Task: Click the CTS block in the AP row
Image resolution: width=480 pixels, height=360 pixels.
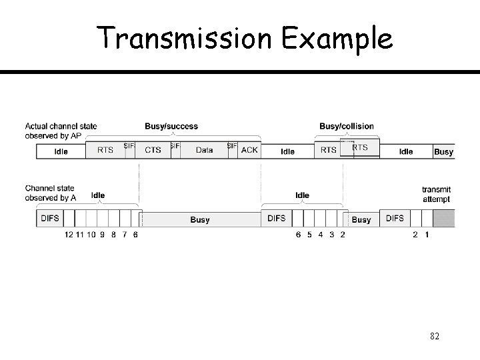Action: click(x=153, y=151)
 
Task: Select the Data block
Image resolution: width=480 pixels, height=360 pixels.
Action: click(x=204, y=151)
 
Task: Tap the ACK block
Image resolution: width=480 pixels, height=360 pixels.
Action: click(x=249, y=151)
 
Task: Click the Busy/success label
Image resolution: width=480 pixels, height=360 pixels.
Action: click(x=171, y=127)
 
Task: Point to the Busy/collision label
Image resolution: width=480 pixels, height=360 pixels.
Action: click(x=347, y=127)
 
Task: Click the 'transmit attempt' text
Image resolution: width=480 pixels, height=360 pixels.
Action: click(x=436, y=194)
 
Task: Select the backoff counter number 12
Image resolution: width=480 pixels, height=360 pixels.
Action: click(x=69, y=235)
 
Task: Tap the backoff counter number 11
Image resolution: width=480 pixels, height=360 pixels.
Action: click(x=80, y=235)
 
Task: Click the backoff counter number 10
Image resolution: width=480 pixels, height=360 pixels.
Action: click(x=91, y=235)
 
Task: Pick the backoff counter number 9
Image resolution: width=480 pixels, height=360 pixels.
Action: click(x=102, y=235)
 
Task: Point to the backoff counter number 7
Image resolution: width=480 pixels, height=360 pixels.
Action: click(x=125, y=235)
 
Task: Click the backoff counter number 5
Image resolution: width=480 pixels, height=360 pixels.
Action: click(x=309, y=235)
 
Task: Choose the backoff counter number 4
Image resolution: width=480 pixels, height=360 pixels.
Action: click(x=321, y=235)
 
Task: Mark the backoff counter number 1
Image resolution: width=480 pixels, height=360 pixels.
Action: click(x=427, y=235)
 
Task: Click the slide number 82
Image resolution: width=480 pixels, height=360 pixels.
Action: click(x=435, y=337)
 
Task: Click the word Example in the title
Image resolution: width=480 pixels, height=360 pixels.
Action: click(x=337, y=39)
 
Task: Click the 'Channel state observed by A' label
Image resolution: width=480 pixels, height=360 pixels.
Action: click(x=50, y=193)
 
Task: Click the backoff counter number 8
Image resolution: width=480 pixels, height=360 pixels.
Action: click(x=113, y=235)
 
